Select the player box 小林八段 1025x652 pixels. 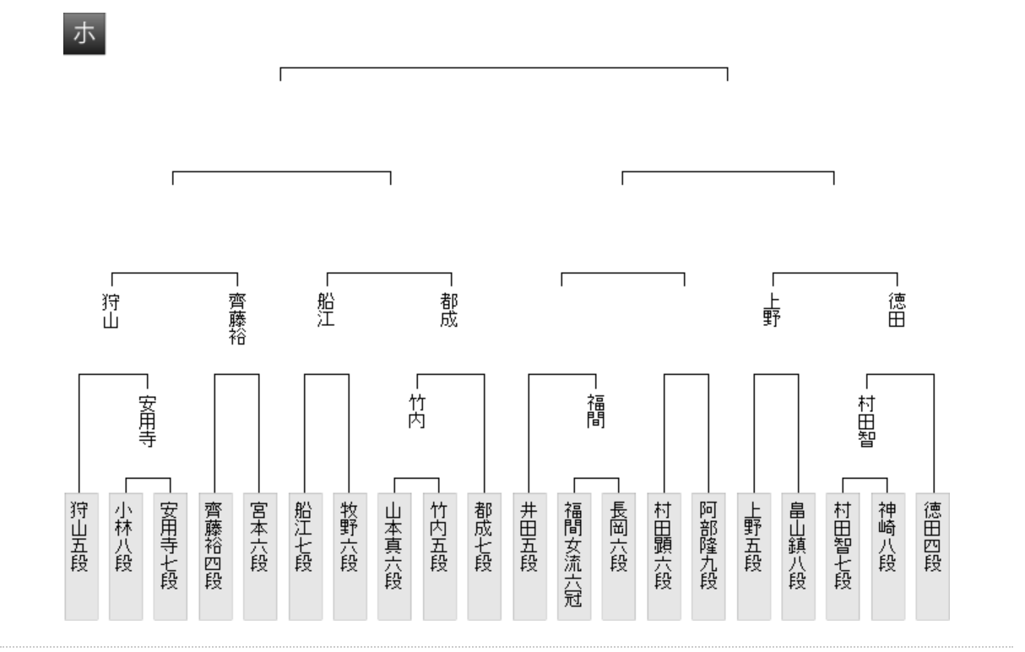[x=125, y=556]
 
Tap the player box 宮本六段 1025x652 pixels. [x=259, y=556]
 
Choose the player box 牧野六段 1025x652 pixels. [x=349, y=556]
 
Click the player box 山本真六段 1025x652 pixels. [x=393, y=556]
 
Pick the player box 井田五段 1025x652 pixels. [x=529, y=556]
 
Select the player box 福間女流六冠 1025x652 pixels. [x=573, y=556]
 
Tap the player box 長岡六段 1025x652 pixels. [x=618, y=556]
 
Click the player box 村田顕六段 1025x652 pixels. [x=664, y=556]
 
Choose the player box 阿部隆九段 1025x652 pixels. [x=708, y=556]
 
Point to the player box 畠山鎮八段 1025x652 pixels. [x=798, y=556]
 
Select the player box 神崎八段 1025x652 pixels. [x=887, y=556]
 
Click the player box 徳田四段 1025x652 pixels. [x=932, y=556]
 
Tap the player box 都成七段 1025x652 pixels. [x=484, y=556]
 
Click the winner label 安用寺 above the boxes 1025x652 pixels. [x=148, y=416]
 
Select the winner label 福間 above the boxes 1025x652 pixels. [x=596, y=410]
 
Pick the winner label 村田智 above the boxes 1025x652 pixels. [x=865, y=422]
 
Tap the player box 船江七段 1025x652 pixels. [x=304, y=556]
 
